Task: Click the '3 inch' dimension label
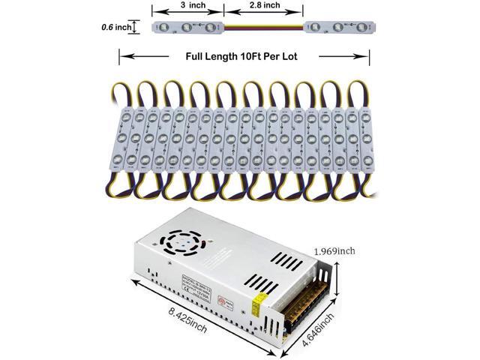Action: click(x=187, y=5)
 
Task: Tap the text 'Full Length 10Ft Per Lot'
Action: click(x=244, y=57)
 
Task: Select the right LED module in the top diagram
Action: click(x=339, y=28)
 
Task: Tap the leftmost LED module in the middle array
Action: click(x=125, y=139)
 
